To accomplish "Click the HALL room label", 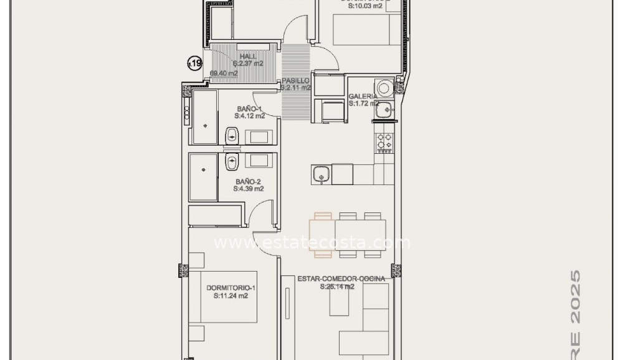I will [247, 56].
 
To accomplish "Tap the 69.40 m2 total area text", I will [224, 73].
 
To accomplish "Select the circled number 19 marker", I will [195, 63].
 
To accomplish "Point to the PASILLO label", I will [295, 81].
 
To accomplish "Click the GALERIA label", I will [362, 96].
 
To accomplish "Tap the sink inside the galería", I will [386, 110].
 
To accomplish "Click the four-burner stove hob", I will [384, 142].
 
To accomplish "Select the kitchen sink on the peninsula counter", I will [321, 174].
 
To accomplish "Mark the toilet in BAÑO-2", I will [232, 162].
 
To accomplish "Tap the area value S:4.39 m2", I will [249, 189].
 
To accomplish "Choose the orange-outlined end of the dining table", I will [322, 235].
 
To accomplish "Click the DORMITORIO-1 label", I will [231, 288].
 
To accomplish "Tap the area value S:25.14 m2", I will [337, 287].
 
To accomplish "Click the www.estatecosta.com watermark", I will [311, 243].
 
